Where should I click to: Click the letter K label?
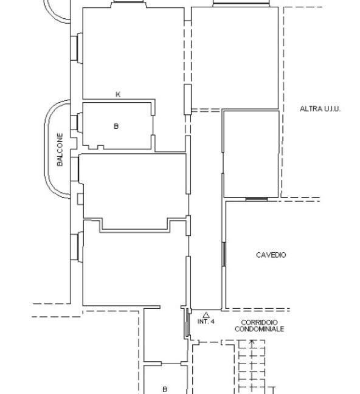click(118, 94)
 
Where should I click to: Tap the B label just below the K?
click(116, 126)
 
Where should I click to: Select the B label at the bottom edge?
click(165, 389)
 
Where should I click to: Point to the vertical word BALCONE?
click(60, 150)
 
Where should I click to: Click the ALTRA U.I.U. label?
click(320, 109)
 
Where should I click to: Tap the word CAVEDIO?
click(271, 255)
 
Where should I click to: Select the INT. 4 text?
click(206, 322)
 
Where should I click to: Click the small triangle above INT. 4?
click(206, 315)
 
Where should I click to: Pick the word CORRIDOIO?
click(260, 322)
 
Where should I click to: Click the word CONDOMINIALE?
click(260, 329)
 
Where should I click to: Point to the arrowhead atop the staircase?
click(252, 341)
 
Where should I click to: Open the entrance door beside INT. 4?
click(188, 322)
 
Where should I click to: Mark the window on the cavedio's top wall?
click(257, 199)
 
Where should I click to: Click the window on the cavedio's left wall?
click(224, 254)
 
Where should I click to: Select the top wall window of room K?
click(129, 1)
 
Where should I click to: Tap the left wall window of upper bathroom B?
click(77, 123)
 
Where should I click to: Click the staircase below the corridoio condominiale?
click(252, 367)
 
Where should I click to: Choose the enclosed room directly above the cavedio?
click(251, 154)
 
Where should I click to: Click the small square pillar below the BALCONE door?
click(80, 199)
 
